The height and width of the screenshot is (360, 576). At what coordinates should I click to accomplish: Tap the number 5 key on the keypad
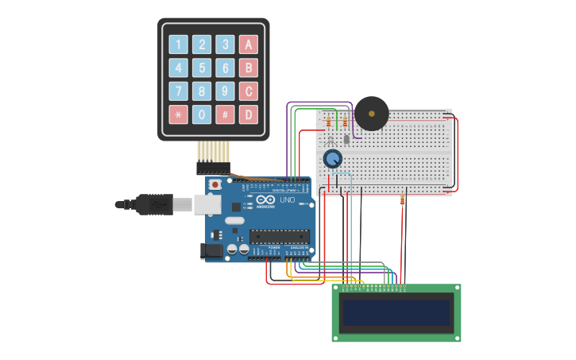coord(203,68)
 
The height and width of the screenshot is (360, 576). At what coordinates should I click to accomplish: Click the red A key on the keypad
coord(249,45)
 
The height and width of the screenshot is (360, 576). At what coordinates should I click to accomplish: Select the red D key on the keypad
coord(249,114)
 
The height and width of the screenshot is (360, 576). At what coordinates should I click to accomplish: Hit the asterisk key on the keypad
coord(179,114)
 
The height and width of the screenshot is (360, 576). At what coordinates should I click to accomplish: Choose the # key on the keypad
coord(226,114)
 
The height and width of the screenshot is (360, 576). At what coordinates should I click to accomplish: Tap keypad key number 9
coord(226,91)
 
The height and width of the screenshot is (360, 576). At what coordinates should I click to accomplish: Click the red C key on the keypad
coord(249,91)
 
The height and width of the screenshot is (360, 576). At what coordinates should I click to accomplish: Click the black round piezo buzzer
coord(371,114)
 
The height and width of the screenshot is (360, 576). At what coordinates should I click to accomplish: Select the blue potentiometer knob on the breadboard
coord(332,159)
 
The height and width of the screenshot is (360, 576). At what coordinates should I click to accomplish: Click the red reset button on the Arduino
coord(215,184)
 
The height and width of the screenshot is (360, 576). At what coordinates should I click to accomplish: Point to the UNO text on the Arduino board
coord(287,200)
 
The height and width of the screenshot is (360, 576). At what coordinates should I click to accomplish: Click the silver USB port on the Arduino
coord(207,204)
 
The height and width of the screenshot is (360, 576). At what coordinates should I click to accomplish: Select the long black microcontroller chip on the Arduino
coord(279,235)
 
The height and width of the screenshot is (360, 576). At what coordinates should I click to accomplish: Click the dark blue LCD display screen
coord(396,312)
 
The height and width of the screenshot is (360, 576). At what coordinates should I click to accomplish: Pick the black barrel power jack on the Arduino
coord(211,250)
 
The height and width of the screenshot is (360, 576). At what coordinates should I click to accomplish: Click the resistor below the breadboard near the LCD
coord(403,199)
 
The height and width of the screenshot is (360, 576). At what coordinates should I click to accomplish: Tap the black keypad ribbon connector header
coord(213,168)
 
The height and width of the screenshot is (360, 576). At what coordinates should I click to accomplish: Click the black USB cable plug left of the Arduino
coord(154,204)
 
